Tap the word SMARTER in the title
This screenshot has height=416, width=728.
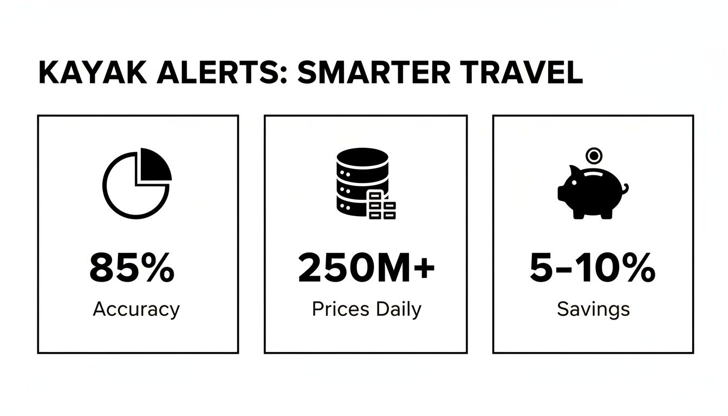tap(373, 73)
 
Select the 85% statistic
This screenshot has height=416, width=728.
tap(132, 269)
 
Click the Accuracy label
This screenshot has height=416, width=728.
tap(136, 309)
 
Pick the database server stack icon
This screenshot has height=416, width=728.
tap(362, 181)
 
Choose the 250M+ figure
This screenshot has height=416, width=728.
tap(366, 269)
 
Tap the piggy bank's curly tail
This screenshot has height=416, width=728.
tap(624, 189)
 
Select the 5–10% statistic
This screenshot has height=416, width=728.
tap(592, 269)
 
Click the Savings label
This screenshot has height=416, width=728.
tap(593, 309)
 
